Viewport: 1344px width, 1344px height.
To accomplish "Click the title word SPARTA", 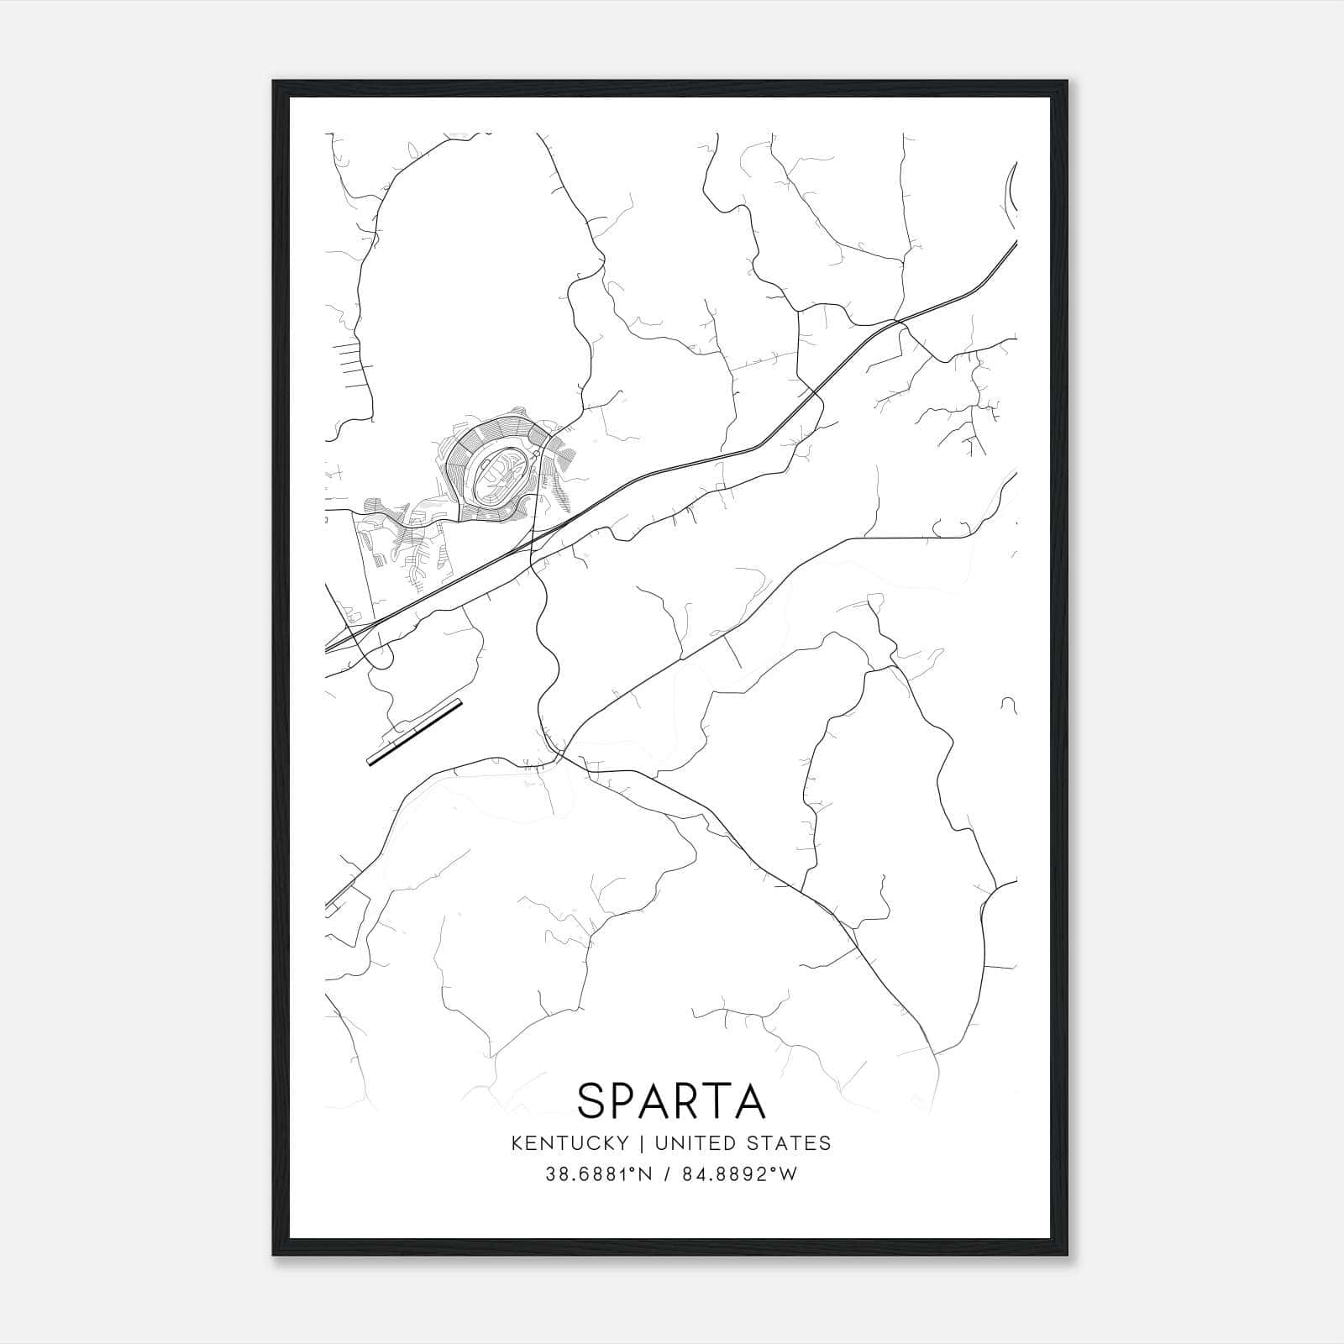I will coord(671,1100).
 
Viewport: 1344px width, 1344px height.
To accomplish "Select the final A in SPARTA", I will coord(749,1100).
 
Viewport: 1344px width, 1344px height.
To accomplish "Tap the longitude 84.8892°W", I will coord(740,1174).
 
